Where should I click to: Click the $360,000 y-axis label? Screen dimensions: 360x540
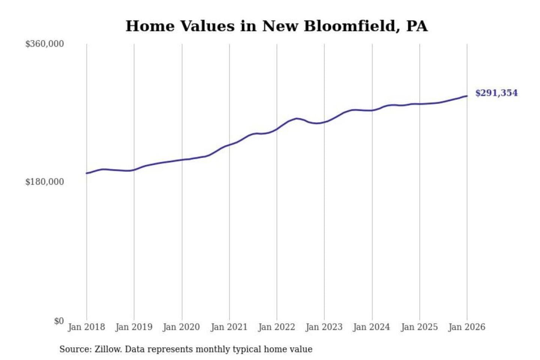[44, 44]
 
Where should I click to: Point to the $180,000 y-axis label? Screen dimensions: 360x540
[44, 182]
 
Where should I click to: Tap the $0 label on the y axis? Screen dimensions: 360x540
[59, 321]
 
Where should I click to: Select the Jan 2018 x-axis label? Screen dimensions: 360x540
[86, 327]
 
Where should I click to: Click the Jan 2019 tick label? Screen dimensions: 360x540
[134, 327]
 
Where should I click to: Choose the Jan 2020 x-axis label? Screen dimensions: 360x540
[181, 327]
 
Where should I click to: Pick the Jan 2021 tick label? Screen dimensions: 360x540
[229, 327]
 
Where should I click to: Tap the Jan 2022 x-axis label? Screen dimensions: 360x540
[277, 327]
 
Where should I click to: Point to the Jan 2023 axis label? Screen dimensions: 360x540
[324, 327]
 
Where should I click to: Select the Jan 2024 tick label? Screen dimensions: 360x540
[372, 327]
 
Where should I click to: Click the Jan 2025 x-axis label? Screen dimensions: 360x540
[419, 327]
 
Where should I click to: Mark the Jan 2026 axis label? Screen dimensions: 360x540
[467, 327]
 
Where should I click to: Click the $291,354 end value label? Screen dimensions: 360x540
[496, 93]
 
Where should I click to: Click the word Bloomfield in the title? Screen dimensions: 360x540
[349, 26]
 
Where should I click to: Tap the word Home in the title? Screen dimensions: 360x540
[150, 26]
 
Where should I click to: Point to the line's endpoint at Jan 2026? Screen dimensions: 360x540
[467, 96]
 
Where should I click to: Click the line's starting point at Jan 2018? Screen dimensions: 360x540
[87, 173]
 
